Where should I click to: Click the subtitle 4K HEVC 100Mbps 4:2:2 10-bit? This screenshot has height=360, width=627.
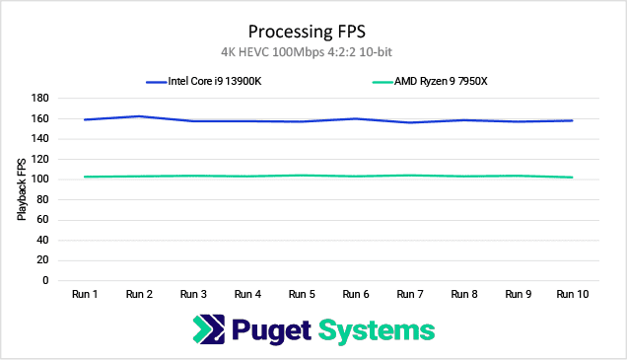[313, 50]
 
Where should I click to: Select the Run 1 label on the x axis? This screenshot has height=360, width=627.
[86, 294]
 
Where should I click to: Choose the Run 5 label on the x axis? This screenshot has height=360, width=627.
[303, 294]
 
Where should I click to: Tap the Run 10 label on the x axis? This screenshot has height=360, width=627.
[573, 294]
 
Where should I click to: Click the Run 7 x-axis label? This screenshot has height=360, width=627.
[411, 294]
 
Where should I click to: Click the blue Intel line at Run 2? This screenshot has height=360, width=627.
[140, 116]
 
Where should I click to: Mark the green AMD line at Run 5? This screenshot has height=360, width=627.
[303, 176]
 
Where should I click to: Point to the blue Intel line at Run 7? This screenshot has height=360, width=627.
[411, 122]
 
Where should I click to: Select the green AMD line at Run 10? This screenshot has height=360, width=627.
[573, 178]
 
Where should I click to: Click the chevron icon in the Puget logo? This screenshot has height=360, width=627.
[210, 329]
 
